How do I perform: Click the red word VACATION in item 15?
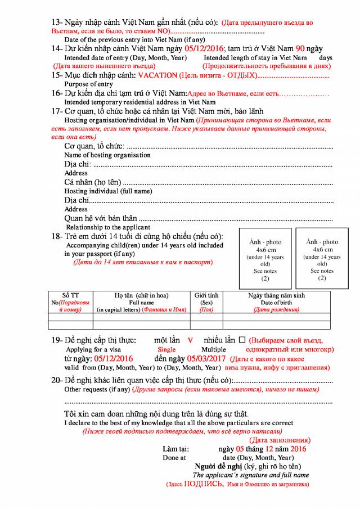tap(156, 75)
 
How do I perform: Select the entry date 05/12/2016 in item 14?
tap(197, 48)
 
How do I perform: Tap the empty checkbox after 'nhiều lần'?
tap(242, 340)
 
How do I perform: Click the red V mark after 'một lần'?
tap(190, 340)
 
